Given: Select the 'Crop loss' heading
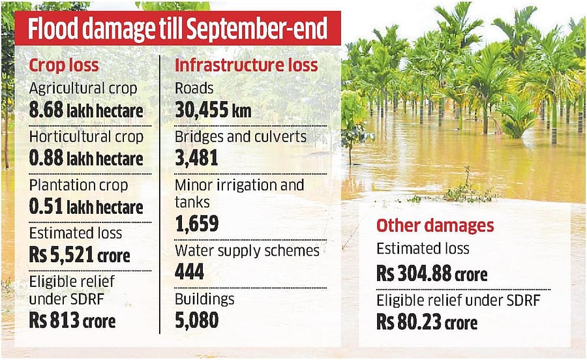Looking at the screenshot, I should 64,65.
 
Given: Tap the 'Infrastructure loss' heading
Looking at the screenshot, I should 247,65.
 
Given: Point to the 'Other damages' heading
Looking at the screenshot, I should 435,226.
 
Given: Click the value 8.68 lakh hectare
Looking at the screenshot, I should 86,112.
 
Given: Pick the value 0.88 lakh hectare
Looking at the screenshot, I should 86,160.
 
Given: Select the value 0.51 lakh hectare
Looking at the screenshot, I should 86,208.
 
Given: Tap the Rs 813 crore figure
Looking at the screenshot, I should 72,321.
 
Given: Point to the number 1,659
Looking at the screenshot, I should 196,224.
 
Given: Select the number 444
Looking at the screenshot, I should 190,272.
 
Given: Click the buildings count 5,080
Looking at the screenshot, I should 196,320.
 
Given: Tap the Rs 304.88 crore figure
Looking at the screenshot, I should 432,274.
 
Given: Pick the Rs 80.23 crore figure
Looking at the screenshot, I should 427,322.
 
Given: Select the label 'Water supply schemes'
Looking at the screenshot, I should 247,250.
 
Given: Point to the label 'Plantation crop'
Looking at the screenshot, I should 79,186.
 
